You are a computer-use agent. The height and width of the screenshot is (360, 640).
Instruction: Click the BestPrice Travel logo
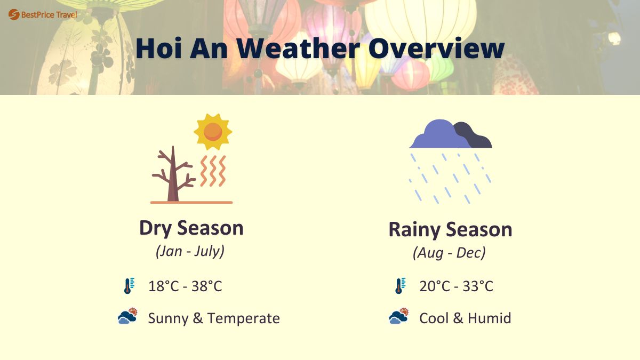point(43,14)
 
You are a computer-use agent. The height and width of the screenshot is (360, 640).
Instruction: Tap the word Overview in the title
point(436,49)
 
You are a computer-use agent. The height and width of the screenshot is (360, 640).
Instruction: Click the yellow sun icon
point(213,131)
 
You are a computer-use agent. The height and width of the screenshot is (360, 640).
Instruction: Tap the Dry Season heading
point(191,228)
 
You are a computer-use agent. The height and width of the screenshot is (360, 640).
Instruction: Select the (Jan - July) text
point(190,251)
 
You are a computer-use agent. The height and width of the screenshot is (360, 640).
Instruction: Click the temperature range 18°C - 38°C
point(185,286)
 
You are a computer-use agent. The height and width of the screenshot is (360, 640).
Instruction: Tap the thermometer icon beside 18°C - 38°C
point(128,286)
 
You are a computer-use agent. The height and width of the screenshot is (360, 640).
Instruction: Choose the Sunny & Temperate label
point(213,318)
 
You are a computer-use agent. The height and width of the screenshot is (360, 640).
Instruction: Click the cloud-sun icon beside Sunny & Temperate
point(128,317)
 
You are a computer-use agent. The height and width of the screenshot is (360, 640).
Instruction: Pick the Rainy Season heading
point(450,229)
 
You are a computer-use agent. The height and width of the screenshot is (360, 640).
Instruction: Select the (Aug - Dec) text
point(449,252)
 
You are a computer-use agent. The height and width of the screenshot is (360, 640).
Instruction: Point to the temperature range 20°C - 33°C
point(456,286)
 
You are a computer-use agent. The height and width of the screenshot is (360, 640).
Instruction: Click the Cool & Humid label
point(465,318)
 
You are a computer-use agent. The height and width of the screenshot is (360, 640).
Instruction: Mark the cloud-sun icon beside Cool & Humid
point(399,317)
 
